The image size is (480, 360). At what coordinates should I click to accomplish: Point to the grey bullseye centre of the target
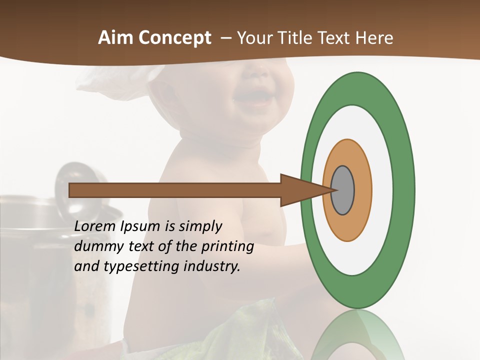click(343, 190)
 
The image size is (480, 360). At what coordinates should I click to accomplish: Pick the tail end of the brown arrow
click(73, 190)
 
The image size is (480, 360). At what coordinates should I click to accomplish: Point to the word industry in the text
click(212, 267)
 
